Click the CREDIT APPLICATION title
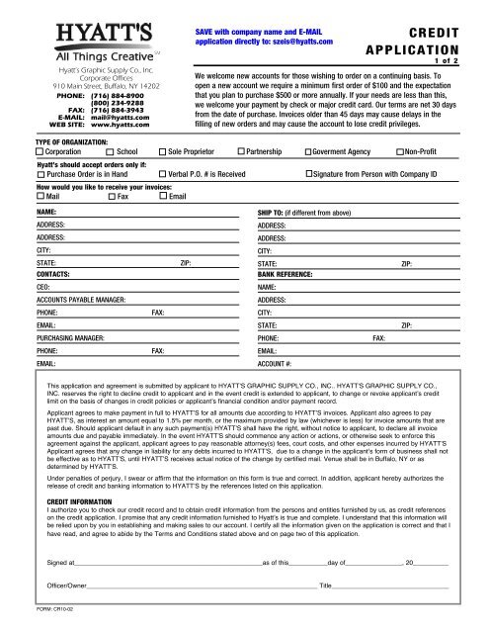[426, 40]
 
